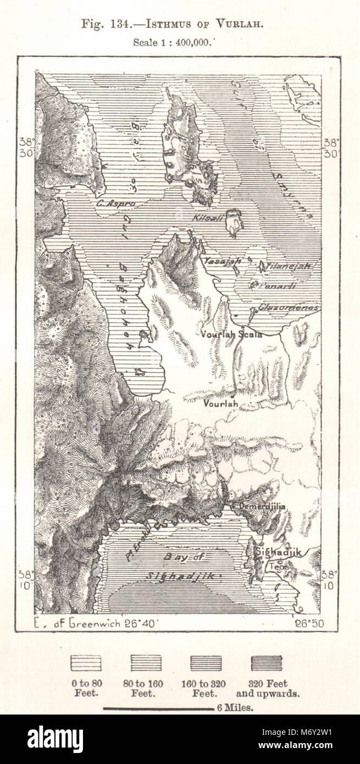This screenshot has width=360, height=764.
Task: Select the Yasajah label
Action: point(220,263)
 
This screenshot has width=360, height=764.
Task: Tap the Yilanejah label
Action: point(289,266)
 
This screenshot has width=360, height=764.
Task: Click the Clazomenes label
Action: point(289,308)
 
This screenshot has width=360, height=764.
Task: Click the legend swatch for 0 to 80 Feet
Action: point(86,663)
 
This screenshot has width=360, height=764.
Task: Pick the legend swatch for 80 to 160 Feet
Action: point(146,663)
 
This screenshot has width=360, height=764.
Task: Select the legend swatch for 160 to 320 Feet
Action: point(206,663)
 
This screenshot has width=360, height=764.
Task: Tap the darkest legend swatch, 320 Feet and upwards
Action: point(267,663)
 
